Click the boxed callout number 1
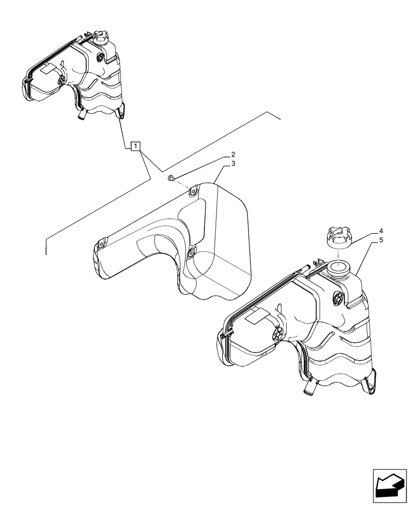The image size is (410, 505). point(135,146)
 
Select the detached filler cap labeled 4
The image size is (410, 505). point(337,236)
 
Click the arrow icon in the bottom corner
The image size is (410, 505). point(390,486)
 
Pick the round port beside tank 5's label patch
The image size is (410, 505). point(277,333)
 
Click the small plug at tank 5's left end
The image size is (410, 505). point(223,336)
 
